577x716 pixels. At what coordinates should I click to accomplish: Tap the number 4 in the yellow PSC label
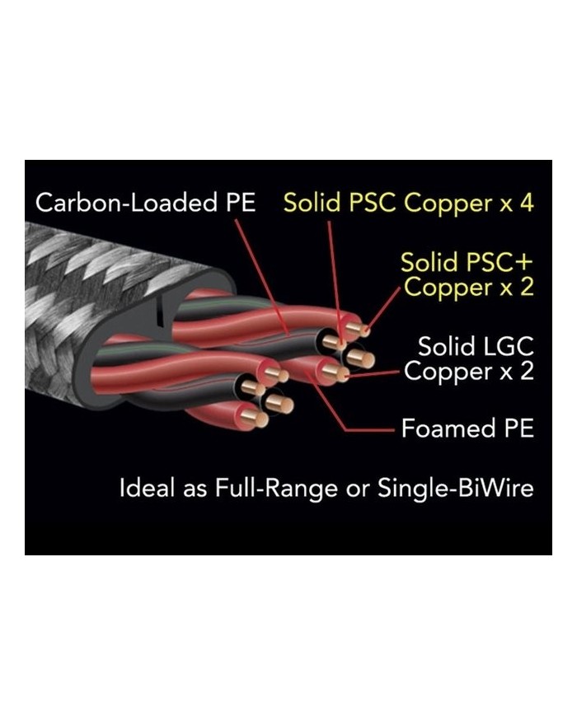[524, 203]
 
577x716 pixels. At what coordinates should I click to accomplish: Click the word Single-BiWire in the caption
[455, 488]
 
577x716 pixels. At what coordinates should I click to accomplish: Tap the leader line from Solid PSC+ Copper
[384, 308]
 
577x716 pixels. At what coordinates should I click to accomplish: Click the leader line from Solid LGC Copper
[375, 374]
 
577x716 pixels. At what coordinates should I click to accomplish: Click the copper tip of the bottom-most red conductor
[258, 419]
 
